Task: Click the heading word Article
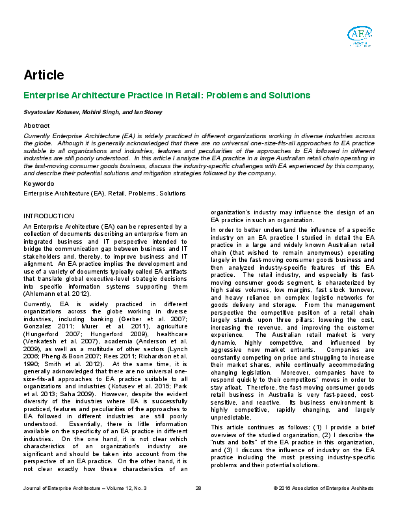[x=44, y=75]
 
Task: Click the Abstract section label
[x=36, y=124]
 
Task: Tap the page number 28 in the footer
[x=198, y=506]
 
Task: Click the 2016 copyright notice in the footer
[x=323, y=506]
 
